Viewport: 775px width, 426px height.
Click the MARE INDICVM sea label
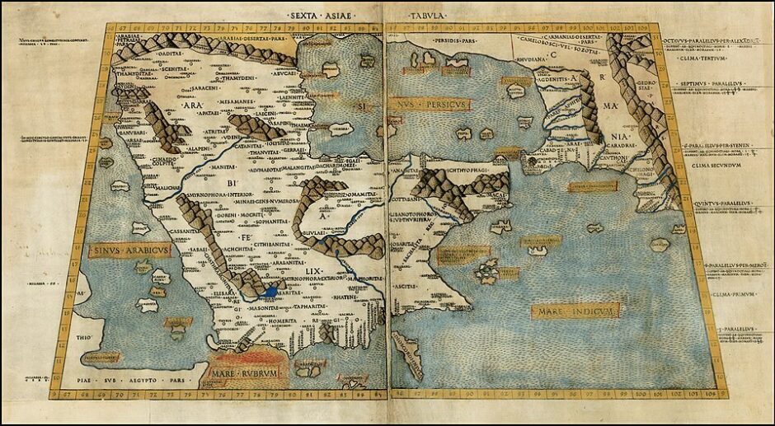click(x=575, y=311)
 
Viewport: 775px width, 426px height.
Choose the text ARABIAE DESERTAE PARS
click(x=238, y=37)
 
